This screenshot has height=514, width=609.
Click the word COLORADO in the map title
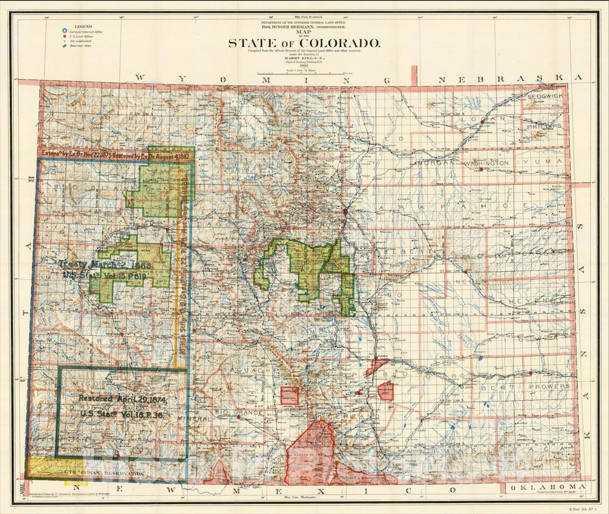click(339, 43)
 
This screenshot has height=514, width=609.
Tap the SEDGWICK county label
click(545, 97)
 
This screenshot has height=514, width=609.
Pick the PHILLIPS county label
click(544, 126)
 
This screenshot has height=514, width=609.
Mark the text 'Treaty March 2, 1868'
click(101, 264)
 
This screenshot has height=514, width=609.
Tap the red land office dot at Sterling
click(483, 120)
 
